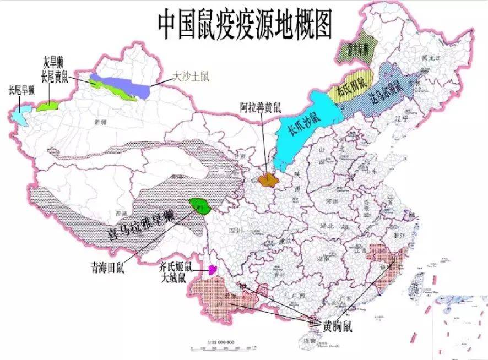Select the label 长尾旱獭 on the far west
click(x=21, y=91)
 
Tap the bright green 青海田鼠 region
click(x=197, y=204)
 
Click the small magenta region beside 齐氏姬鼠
click(x=212, y=270)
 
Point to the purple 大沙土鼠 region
click(x=121, y=84)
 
